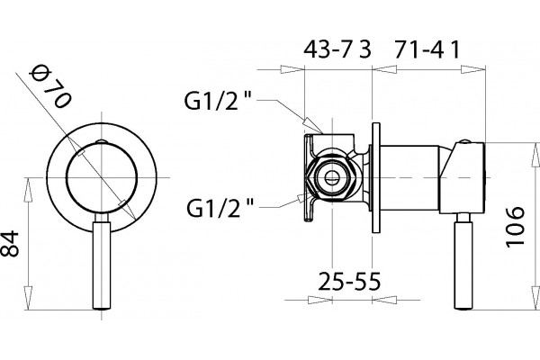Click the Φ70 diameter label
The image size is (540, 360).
[50, 86]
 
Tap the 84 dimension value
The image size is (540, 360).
[10, 244]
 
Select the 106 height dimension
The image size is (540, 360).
[515, 227]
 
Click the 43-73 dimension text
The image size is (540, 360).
[337, 49]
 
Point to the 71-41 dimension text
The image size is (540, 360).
[427, 49]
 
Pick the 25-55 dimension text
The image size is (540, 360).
[349, 281]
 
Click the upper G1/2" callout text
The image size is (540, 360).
[219, 100]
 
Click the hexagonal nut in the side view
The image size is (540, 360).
[332, 178]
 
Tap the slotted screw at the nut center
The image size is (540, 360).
[332, 178]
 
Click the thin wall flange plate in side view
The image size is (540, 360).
[376, 178]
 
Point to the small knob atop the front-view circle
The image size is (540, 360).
[102, 141]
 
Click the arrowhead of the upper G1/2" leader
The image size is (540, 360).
[312, 125]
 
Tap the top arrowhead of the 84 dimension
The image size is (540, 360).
[28, 190]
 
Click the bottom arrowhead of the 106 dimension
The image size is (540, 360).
[535, 297]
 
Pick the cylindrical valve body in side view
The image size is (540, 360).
[409, 178]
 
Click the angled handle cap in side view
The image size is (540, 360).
[463, 178]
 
